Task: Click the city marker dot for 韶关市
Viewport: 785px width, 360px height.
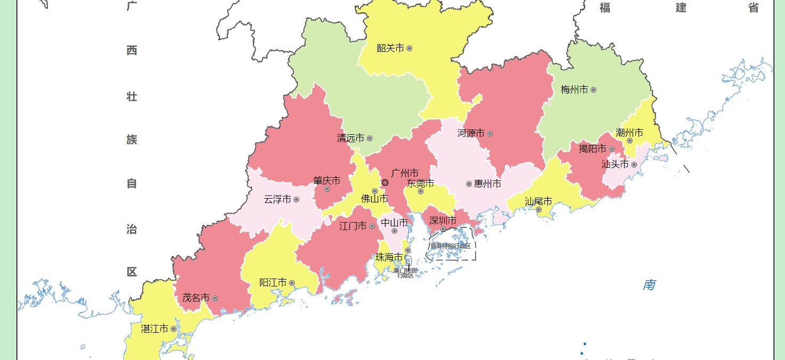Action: click(x=410, y=48)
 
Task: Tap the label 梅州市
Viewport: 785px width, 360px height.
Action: click(x=574, y=89)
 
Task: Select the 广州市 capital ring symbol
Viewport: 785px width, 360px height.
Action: click(x=385, y=183)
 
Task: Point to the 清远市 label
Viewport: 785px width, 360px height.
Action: click(x=350, y=138)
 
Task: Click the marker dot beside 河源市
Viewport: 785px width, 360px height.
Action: click(x=490, y=133)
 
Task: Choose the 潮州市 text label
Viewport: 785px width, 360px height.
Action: click(x=629, y=132)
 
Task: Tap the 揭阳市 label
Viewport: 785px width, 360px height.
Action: click(x=592, y=149)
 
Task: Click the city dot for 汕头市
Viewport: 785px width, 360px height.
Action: click(x=634, y=165)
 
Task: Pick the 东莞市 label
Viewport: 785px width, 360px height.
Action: click(x=420, y=183)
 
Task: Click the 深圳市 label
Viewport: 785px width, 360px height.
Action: click(x=443, y=220)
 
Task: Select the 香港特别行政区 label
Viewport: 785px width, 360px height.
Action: click(x=451, y=246)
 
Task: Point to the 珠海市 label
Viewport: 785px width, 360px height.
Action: click(x=389, y=257)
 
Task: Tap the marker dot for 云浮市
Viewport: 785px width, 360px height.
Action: click(x=296, y=200)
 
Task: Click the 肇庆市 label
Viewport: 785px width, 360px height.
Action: click(x=326, y=181)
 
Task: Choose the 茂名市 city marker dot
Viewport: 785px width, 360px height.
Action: click(x=215, y=298)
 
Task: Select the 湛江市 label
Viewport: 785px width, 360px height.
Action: click(x=154, y=329)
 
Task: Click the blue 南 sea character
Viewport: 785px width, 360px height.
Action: click(x=649, y=285)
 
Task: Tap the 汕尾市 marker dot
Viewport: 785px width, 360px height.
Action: click(x=538, y=209)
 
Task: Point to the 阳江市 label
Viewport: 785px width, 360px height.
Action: click(x=273, y=282)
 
